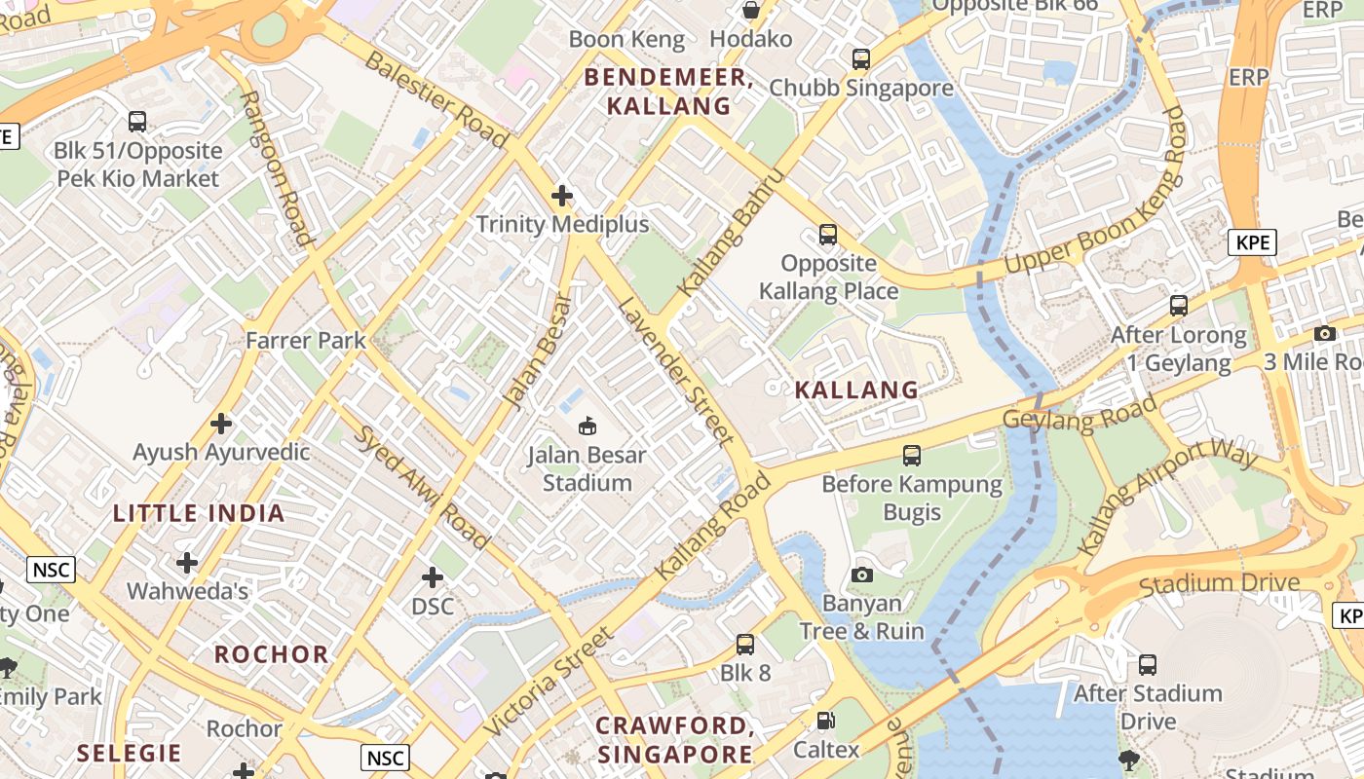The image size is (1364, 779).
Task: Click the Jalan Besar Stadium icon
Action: tap(587, 426)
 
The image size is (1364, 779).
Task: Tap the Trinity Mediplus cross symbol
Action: tap(562, 196)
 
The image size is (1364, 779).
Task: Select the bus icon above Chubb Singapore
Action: tap(861, 58)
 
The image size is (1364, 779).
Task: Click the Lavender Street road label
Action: tap(674, 371)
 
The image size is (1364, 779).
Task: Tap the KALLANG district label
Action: tap(856, 390)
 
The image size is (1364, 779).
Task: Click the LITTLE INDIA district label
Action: tap(199, 513)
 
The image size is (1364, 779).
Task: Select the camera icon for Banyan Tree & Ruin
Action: tap(862, 575)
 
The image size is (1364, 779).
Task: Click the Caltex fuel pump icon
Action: tap(826, 721)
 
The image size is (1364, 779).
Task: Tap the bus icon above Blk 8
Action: tap(745, 644)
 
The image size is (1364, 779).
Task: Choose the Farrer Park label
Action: tap(306, 340)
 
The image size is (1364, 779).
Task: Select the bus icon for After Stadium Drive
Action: tap(1148, 665)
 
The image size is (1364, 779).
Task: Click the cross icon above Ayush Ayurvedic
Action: tap(221, 424)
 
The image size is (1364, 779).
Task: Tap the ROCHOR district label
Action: tap(272, 653)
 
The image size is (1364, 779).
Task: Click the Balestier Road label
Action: tap(436, 99)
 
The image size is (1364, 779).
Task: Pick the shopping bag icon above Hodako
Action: tap(751, 10)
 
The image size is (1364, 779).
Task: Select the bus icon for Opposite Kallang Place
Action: tap(828, 235)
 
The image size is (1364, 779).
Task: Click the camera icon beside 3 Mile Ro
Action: tap(1324, 333)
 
